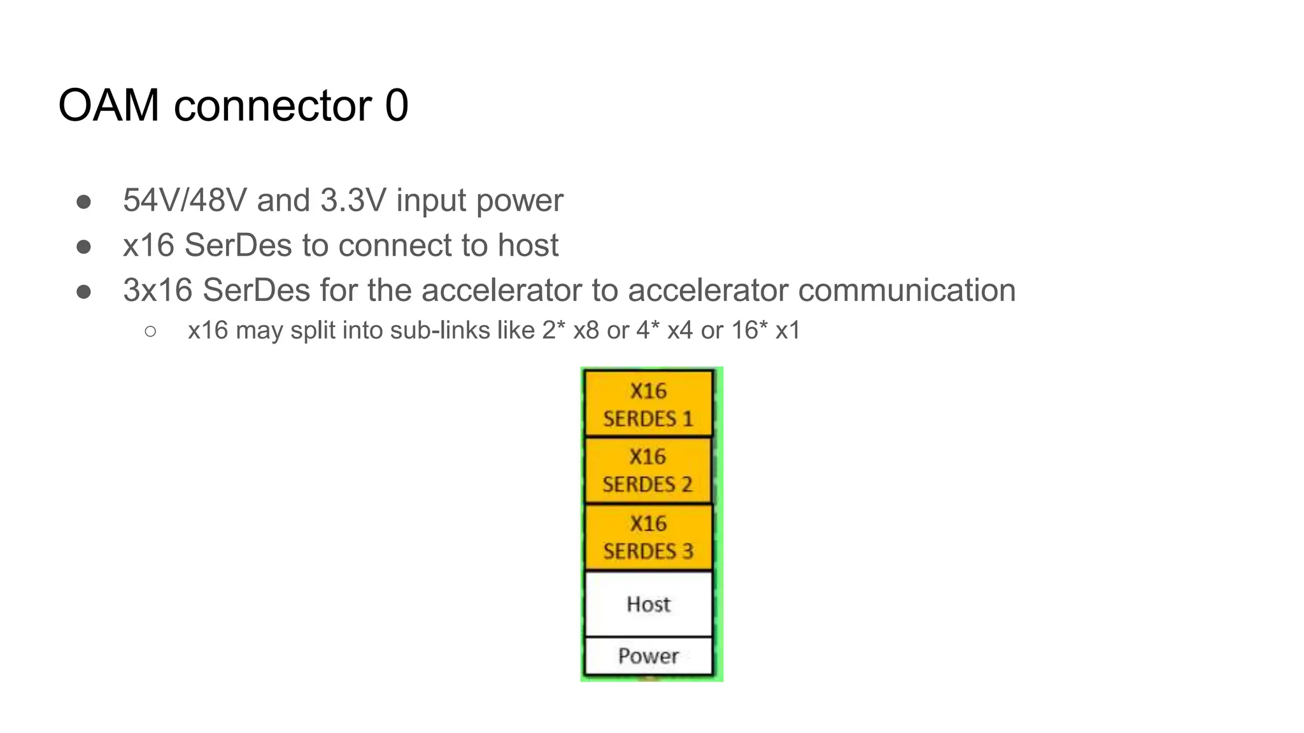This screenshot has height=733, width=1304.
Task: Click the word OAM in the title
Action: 108,106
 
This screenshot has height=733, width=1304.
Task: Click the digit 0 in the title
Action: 397,106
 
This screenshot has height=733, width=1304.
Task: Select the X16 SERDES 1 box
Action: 648,404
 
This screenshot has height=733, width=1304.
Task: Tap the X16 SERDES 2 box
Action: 648,471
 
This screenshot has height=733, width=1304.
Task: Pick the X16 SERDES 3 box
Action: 648,537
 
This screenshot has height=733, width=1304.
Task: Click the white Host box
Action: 648,604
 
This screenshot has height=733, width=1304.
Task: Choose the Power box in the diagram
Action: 648,656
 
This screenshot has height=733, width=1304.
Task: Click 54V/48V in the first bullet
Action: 185,200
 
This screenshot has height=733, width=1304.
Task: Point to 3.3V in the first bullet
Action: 353,200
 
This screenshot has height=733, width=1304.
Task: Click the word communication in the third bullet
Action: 907,291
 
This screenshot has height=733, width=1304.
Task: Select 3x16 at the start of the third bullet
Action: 157,291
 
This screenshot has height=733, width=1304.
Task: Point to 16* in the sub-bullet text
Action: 749,331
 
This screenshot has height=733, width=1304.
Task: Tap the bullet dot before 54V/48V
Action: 83,202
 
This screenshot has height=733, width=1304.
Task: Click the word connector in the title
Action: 273,106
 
